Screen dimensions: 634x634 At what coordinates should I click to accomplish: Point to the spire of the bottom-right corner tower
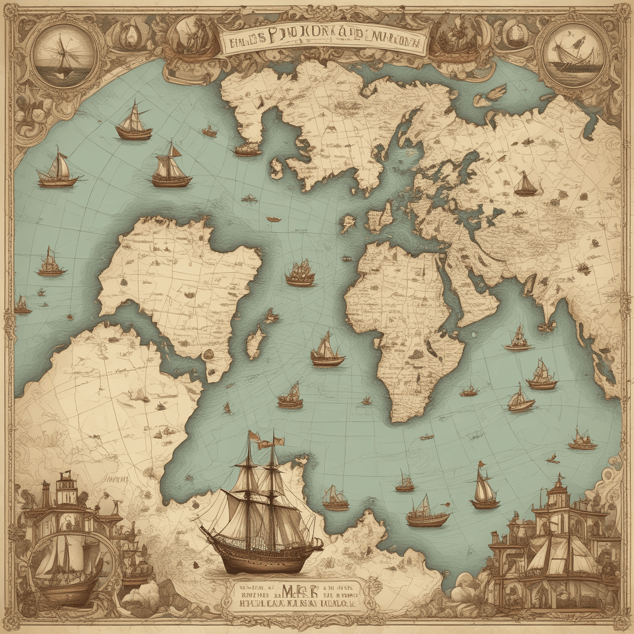point(560,478)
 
